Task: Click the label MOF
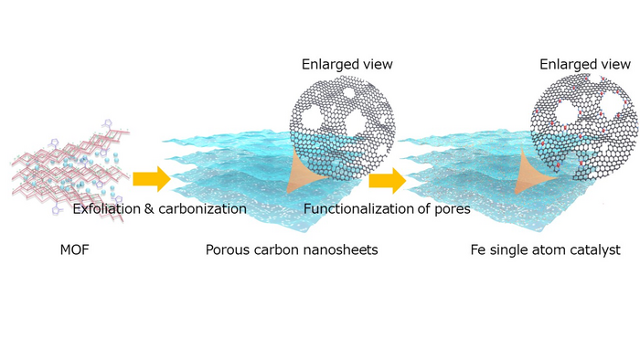click(x=74, y=249)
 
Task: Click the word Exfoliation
click(x=107, y=208)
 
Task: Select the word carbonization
click(x=202, y=208)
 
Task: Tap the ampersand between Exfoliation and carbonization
click(x=149, y=208)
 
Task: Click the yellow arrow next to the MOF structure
click(x=152, y=178)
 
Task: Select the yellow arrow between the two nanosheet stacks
click(x=388, y=181)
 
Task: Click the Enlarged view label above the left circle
click(x=347, y=64)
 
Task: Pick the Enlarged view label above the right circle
click(x=585, y=64)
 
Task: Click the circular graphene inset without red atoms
click(x=343, y=127)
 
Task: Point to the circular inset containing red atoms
click(x=584, y=127)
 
